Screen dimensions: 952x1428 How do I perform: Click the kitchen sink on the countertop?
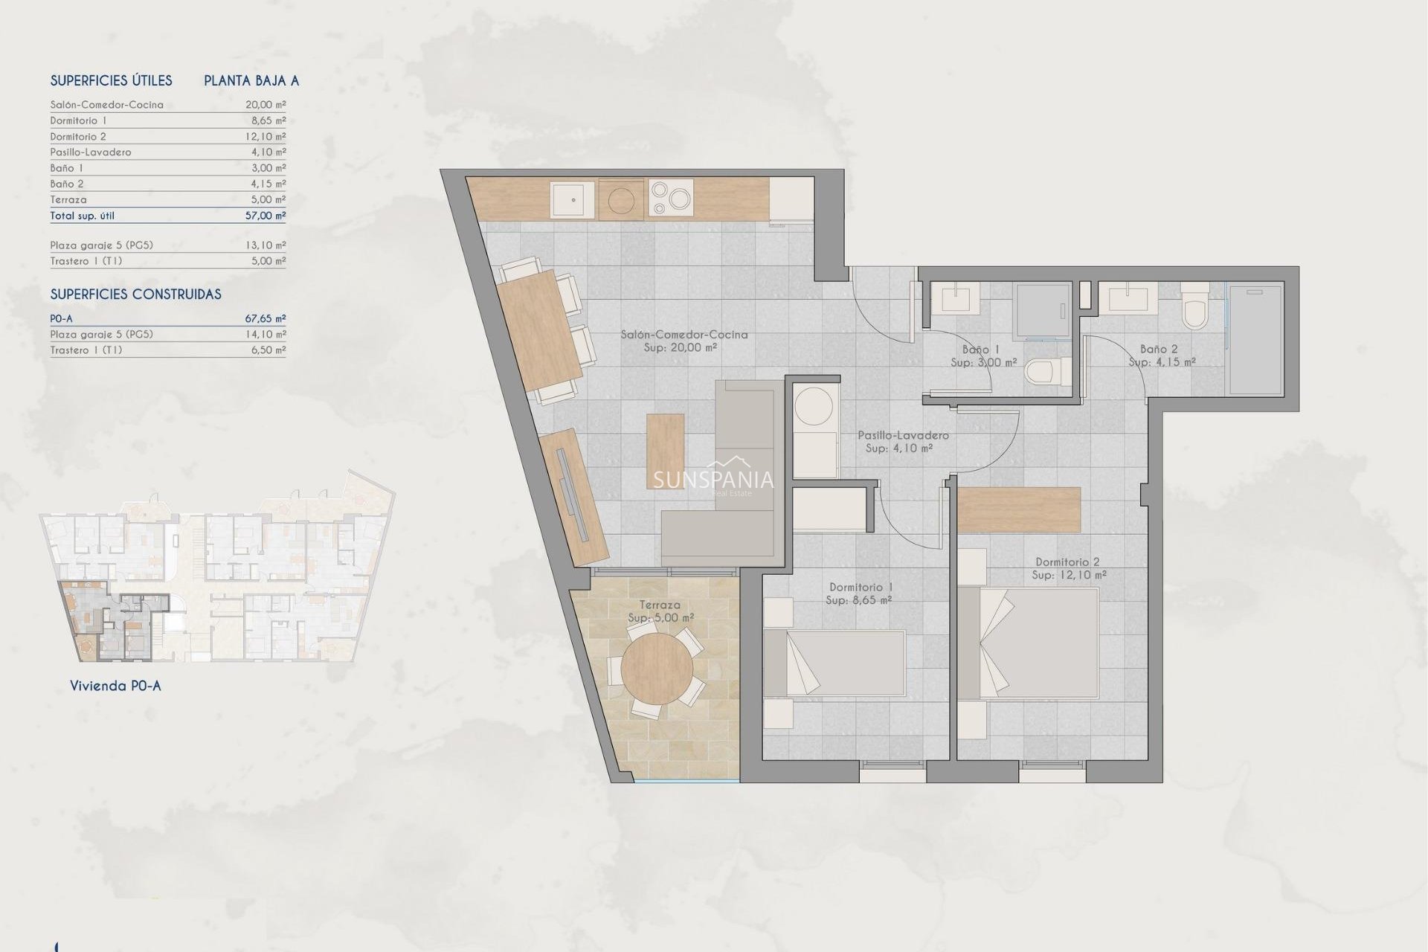point(572,199)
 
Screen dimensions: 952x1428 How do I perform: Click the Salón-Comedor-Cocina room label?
point(684,335)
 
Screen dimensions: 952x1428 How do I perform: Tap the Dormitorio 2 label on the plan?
point(1067,562)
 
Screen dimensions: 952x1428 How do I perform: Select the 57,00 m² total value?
point(266,216)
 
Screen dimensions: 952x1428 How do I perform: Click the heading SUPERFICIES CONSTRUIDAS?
point(135,295)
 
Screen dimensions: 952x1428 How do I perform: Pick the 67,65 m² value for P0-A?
point(266,318)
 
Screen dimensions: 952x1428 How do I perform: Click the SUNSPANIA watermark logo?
point(713,480)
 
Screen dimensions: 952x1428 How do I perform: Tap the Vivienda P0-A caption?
point(115,686)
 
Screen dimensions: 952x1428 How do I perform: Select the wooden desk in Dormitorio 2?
point(1018,509)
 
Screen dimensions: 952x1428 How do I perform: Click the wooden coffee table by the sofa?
point(665,451)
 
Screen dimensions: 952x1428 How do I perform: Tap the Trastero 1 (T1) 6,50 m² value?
point(268,350)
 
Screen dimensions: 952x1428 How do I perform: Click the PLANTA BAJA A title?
point(251,81)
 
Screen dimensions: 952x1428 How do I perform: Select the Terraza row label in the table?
point(68,199)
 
